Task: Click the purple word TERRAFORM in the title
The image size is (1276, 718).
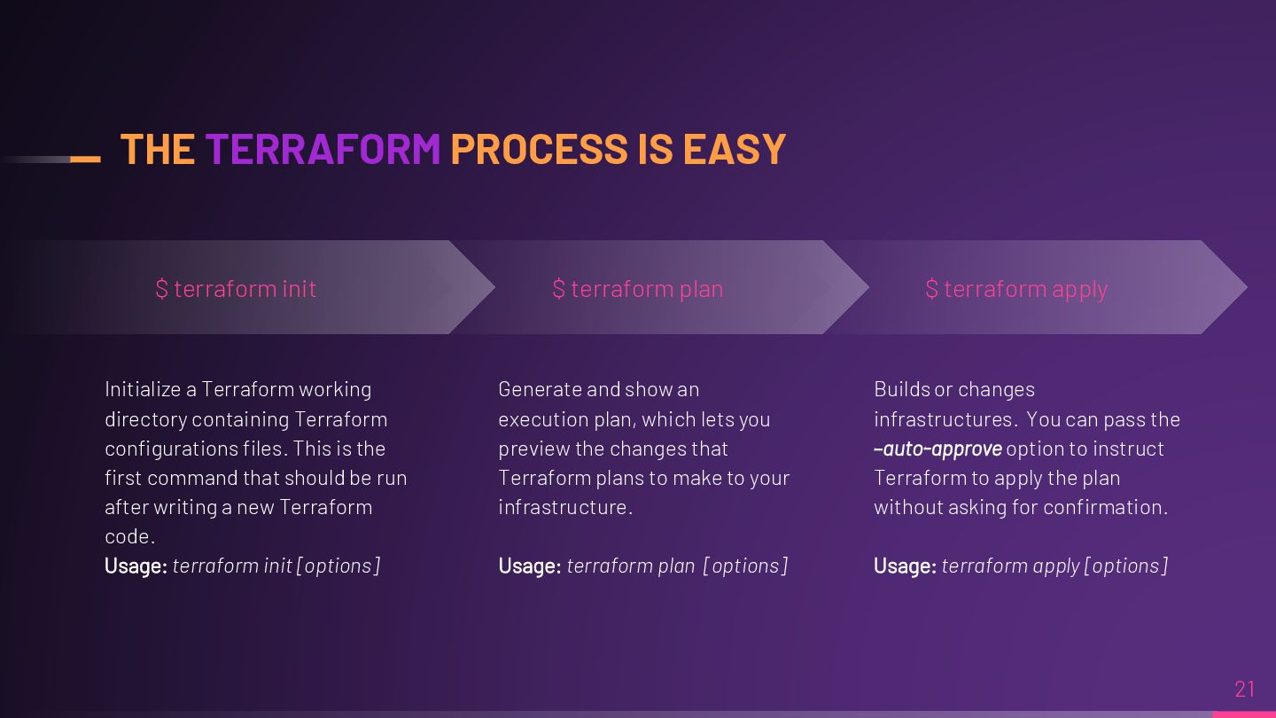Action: coord(323,149)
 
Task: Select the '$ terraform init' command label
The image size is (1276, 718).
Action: coord(236,289)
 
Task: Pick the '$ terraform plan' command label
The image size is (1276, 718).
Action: coord(638,289)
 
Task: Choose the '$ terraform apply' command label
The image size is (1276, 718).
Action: coord(1016,289)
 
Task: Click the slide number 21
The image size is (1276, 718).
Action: coord(1245,689)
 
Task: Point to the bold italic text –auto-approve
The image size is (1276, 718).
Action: coord(938,449)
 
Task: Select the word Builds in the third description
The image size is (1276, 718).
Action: coord(900,389)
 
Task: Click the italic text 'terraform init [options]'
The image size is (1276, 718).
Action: coord(276,566)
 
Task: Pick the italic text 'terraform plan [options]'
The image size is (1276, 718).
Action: coord(677,566)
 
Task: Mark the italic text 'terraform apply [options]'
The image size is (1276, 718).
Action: coord(1054,566)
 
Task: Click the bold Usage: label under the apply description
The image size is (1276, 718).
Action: coord(905,566)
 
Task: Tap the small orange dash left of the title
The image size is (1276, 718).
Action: coord(85,160)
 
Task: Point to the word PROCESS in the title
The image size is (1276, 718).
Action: coord(540,149)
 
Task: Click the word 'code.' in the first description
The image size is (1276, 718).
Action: coord(129,536)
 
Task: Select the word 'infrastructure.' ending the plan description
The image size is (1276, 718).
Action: coord(565,507)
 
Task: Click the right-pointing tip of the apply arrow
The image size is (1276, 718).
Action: coord(1241,287)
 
